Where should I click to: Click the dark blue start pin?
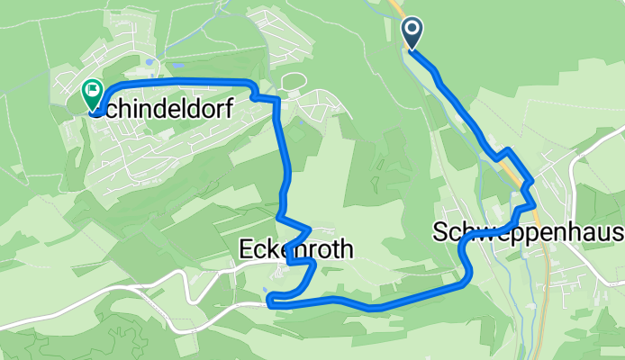[412, 33]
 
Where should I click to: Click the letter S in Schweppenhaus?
[439, 233]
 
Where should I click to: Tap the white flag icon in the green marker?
[93, 89]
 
